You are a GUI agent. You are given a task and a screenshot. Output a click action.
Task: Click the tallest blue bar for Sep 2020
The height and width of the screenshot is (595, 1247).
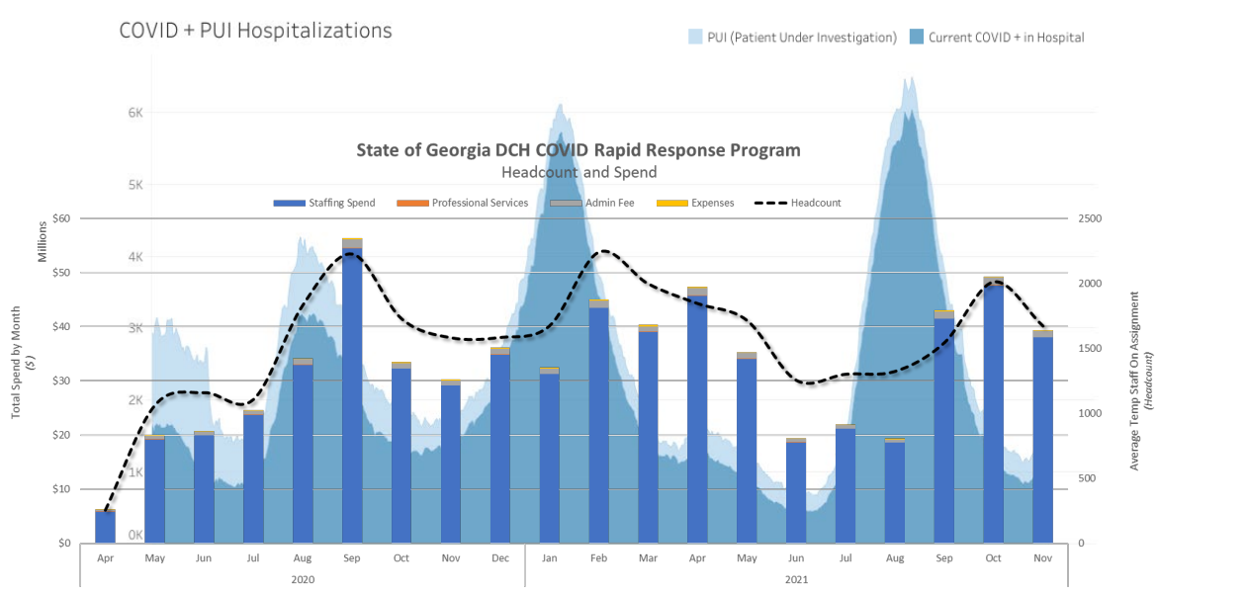(x=352, y=395)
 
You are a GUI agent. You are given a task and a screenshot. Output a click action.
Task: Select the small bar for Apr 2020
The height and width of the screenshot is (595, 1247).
(x=106, y=527)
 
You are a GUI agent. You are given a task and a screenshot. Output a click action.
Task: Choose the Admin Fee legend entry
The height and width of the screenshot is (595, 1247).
(x=592, y=204)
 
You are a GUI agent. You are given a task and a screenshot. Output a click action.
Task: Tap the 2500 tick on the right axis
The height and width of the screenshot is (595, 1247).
(x=1089, y=218)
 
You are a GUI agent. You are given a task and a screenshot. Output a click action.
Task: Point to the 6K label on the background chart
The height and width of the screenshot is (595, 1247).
(x=135, y=113)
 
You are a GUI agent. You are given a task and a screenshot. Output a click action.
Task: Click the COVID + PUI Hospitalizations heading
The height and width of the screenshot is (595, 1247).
(x=255, y=31)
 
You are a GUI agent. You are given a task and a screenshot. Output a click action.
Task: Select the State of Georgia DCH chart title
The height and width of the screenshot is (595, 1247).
(x=579, y=150)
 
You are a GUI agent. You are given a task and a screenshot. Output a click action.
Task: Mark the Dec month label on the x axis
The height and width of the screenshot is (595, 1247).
(x=499, y=558)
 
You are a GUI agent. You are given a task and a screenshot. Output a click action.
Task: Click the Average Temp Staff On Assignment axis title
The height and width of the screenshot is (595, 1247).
(x=1135, y=381)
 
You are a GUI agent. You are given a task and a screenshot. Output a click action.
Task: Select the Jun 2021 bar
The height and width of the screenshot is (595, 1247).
(x=795, y=491)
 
